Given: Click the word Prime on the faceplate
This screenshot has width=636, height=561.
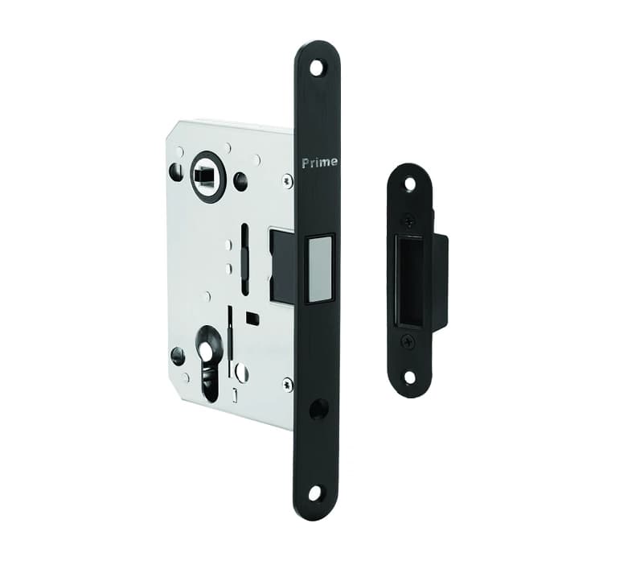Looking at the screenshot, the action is (320, 163).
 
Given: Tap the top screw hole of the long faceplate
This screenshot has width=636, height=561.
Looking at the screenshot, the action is (318, 67).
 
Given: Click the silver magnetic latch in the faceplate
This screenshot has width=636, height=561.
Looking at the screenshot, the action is (321, 269).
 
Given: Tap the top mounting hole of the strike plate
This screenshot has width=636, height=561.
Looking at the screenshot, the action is (410, 184).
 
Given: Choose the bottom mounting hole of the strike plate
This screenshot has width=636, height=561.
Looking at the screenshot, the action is (409, 378).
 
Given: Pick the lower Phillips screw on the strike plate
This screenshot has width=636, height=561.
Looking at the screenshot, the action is (407, 343).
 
